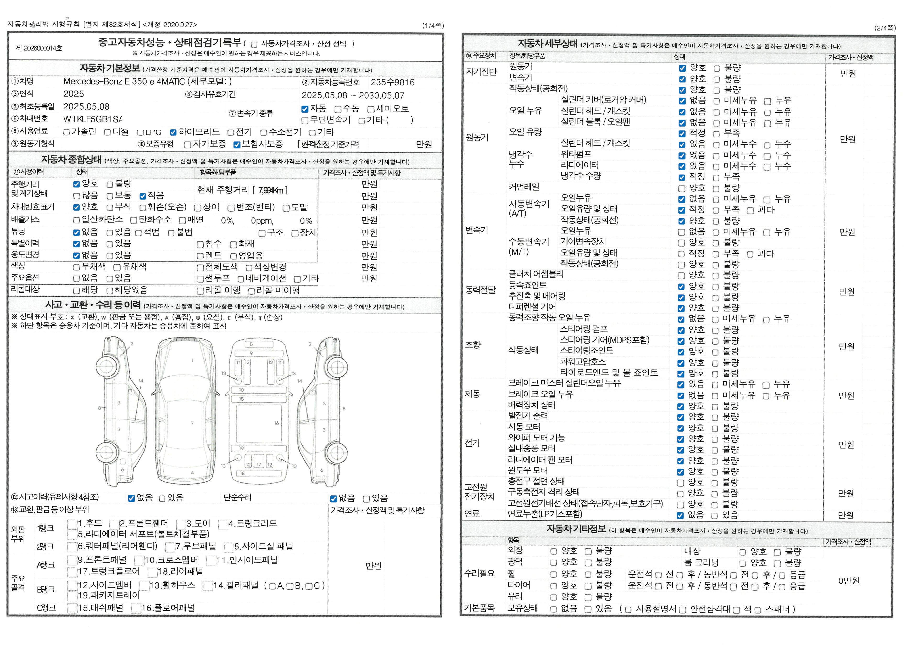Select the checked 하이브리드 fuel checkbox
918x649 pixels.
(173, 132)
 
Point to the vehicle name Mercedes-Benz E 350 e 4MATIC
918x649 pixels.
(124, 82)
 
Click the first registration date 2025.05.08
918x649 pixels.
(86, 107)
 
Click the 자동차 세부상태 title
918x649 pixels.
(547, 43)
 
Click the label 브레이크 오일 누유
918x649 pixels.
(541, 394)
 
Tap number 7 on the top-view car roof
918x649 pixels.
(192, 423)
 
